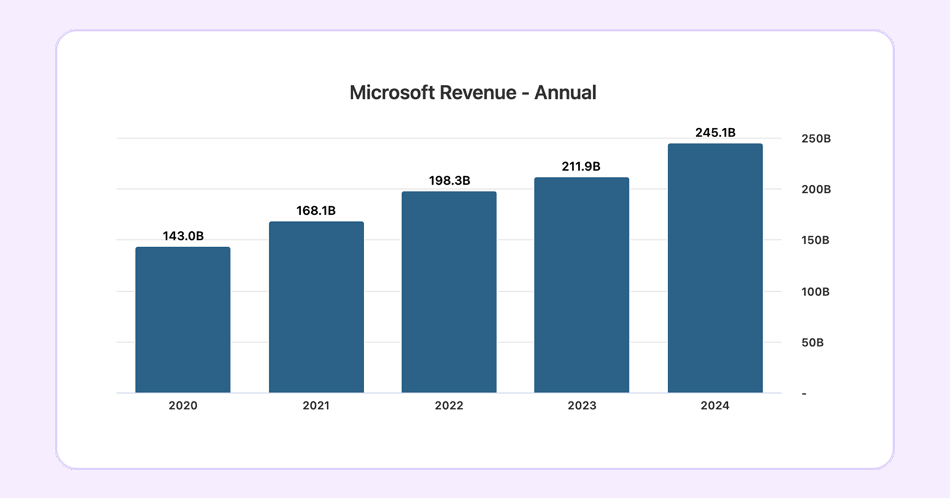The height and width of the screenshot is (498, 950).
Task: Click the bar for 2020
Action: click(182, 319)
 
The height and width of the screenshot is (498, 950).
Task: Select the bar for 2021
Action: click(316, 307)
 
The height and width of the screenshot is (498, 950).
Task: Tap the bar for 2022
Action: click(449, 292)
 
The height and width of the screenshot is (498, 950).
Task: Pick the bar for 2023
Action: click(582, 284)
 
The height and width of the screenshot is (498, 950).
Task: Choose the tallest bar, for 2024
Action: click(715, 268)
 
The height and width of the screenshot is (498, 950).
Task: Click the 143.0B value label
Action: click(182, 236)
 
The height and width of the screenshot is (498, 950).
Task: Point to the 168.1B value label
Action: click(316, 210)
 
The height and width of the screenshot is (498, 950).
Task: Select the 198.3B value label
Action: click(449, 180)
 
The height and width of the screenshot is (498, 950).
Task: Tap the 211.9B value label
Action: click(582, 166)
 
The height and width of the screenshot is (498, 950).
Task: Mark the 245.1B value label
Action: click(715, 133)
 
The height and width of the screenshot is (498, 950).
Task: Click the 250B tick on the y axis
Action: click(816, 139)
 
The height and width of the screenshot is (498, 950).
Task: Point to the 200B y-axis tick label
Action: click(816, 190)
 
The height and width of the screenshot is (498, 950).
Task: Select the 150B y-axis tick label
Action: click(815, 240)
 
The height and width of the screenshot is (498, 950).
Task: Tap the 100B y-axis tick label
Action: click(815, 292)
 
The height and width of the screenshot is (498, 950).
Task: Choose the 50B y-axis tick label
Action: click(812, 343)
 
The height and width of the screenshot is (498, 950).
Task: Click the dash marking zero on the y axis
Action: click(804, 393)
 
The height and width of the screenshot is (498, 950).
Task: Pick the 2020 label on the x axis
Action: click(182, 406)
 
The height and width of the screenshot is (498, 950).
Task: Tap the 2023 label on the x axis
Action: click(582, 406)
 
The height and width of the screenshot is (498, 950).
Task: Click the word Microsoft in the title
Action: click(392, 92)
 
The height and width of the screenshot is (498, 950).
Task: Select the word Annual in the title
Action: click(565, 92)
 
